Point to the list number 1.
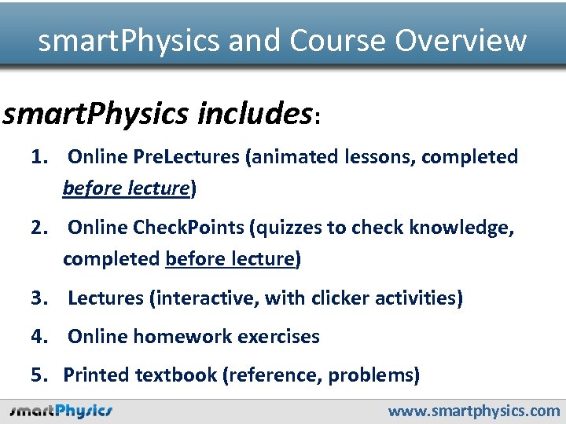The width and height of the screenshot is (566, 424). tap(39, 157)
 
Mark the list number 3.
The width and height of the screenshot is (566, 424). tap(39, 298)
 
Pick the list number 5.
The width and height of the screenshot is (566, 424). tap(39, 375)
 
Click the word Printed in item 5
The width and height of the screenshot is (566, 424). tap(96, 375)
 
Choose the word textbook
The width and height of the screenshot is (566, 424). tap(176, 375)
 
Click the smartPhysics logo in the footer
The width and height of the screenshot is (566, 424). tap(61, 411)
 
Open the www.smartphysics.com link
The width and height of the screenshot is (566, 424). tap(475, 411)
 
